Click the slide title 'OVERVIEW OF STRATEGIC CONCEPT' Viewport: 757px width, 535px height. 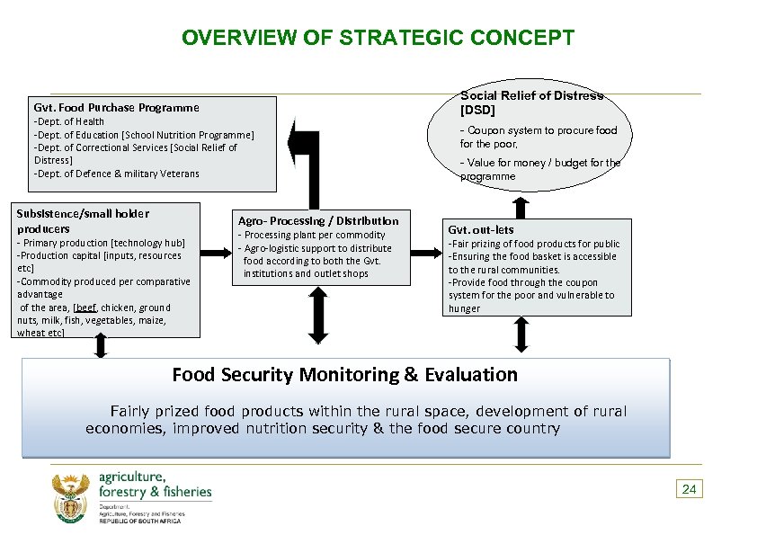pyautogui.click(x=378, y=39)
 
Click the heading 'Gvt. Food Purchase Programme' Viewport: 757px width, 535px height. pyautogui.click(x=116, y=107)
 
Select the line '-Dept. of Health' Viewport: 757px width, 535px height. pyautogui.click(x=69, y=121)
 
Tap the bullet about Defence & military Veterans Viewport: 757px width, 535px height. pyautogui.click(x=116, y=174)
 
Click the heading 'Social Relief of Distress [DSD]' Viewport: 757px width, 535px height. pyautogui.click(x=531, y=103)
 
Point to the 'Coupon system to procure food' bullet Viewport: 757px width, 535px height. pyautogui.click(x=539, y=137)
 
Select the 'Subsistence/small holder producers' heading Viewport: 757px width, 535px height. pyautogui.click(x=83, y=220)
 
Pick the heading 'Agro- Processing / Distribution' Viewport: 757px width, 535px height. pyautogui.click(x=317, y=220)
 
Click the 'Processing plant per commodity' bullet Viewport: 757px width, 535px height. pyautogui.click(x=311, y=235)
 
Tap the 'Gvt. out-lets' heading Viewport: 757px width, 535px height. pyautogui.click(x=480, y=230)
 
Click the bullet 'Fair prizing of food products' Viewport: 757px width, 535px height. pyautogui.click(x=533, y=244)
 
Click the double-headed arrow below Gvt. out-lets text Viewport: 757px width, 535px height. pyautogui.click(x=521, y=335)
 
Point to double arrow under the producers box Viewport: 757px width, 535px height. pyautogui.click(x=100, y=347)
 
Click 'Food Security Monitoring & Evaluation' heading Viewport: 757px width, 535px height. pyautogui.click(x=344, y=375)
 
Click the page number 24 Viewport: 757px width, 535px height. pyautogui.click(x=689, y=489)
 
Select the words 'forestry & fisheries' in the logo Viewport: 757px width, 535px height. pyautogui.click(x=155, y=492)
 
